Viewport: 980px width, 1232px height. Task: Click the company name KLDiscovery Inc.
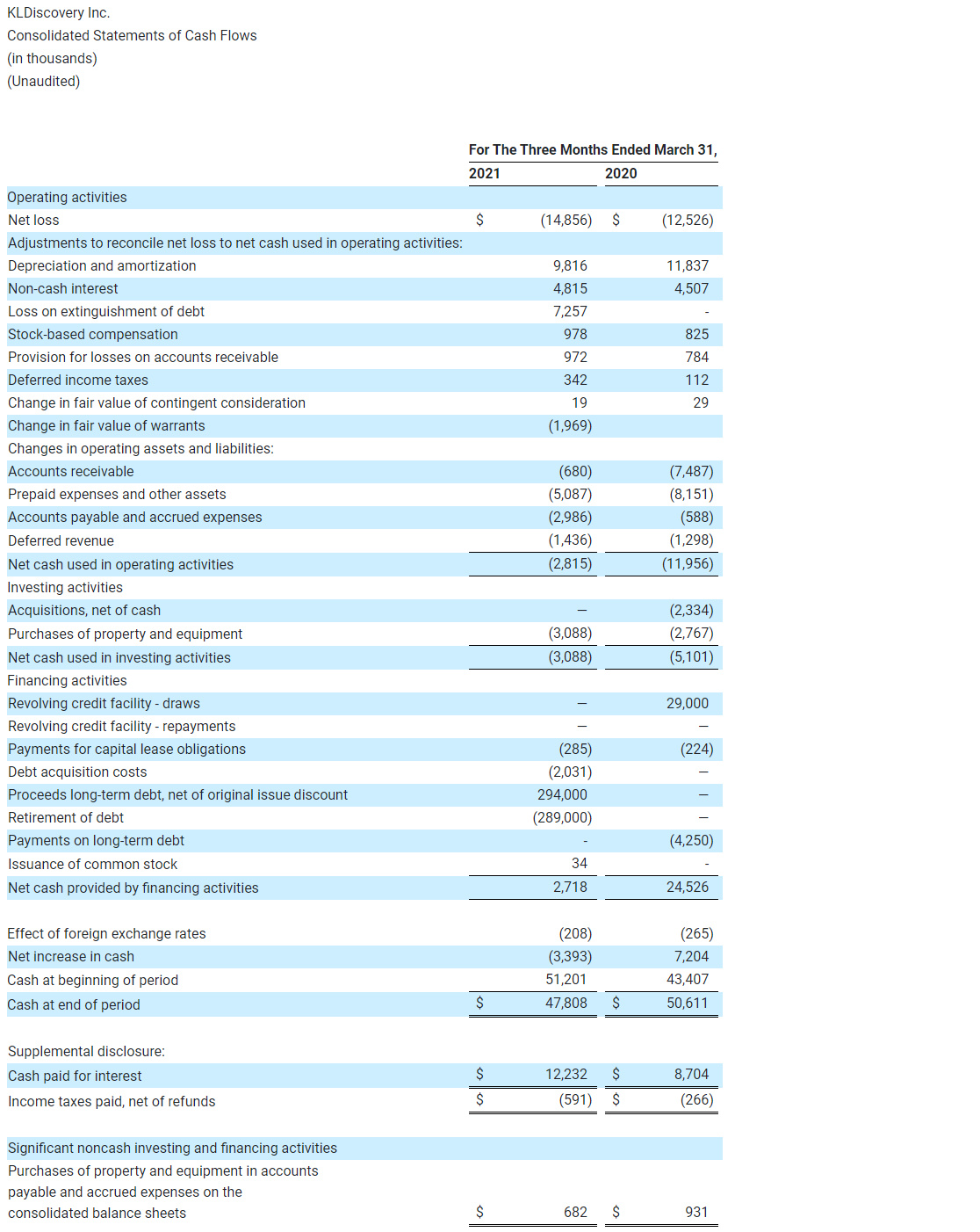(x=58, y=13)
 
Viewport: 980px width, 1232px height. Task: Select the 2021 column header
(x=484, y=174)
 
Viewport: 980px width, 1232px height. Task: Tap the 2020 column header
(x=621, y=174)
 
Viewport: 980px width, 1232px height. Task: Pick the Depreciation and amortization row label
(x=102, y=266)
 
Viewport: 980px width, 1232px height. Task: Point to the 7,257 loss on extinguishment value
(x=570, y=312)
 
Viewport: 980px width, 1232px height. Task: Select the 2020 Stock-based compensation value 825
(x=696, y=335)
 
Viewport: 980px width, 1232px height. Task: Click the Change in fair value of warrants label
(x=106, y=426)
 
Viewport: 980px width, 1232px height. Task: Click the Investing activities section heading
(x=65, y=588)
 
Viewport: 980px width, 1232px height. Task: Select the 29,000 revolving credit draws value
(x=687, y=704)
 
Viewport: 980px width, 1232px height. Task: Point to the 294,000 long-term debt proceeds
(x=562, y=795)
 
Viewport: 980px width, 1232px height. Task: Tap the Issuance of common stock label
(x=92, y=865)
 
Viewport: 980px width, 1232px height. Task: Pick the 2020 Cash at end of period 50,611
(x=687, y=1004)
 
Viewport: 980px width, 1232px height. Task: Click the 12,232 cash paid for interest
(x=566, y=1075)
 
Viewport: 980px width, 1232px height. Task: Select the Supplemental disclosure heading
(x=86, y=1052)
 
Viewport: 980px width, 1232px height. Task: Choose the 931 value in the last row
(x=695, y=1213)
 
